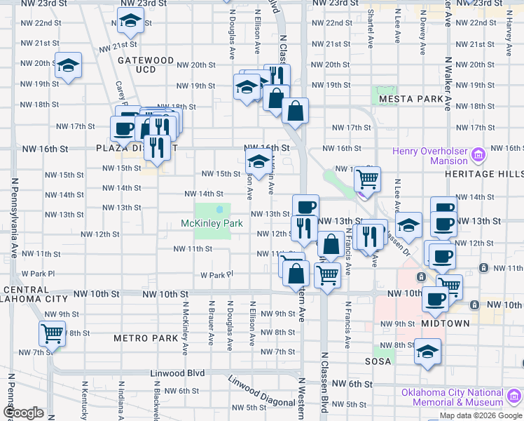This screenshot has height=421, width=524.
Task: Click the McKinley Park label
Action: (212, 224)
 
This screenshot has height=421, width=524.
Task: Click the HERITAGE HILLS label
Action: (484, 173)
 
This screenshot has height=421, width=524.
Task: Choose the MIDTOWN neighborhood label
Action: (446, 323)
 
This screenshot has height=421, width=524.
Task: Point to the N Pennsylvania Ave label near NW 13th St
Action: (13, 218)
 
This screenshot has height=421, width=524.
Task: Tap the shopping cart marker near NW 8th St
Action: (52, 333)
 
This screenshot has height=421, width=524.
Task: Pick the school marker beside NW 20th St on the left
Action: (69, 66)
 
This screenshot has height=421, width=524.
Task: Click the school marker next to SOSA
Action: (427, 351)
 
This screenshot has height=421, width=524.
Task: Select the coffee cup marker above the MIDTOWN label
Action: (435, 299)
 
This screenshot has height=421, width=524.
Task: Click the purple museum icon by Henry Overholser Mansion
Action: (479, 154)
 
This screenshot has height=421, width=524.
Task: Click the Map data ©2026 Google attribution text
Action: (480, 415)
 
